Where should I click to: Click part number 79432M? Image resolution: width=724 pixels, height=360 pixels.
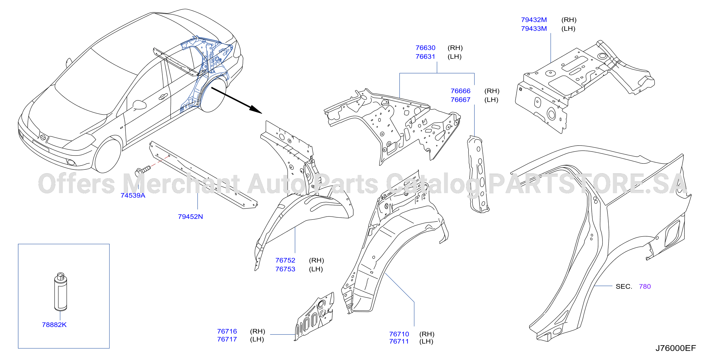pos(534,20)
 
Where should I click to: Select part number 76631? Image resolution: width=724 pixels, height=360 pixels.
pos(425,57)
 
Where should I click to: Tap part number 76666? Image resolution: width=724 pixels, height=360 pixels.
pos(460,91)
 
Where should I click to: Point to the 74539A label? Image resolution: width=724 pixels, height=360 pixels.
pos(133,195)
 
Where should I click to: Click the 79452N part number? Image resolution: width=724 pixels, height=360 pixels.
pos(190,217)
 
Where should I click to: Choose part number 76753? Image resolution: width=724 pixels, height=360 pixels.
pos(285,269)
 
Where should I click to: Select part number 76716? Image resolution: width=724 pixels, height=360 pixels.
pos(227,331)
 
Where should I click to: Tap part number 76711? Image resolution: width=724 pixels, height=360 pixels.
pos(399,342)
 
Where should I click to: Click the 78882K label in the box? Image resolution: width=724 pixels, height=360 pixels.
pos(54,325)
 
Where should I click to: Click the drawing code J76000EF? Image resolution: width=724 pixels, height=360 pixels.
pos(676,348)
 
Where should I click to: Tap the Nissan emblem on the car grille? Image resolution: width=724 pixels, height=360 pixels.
pos(43,137)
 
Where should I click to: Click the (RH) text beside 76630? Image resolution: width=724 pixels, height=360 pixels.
pos(455,48)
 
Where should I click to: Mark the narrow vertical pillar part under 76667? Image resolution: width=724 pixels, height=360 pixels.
pos(478,174)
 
